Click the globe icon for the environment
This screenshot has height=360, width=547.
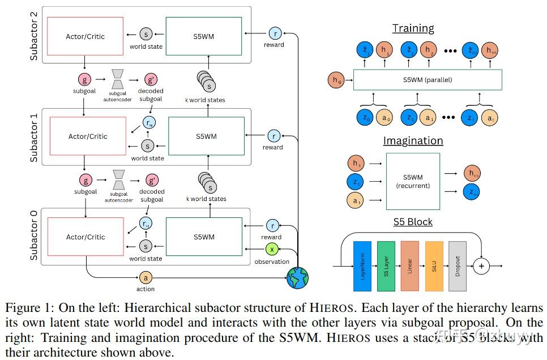coord(297,278)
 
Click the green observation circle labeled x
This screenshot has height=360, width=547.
coord(272,250)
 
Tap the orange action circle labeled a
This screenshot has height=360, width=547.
coord(146,278)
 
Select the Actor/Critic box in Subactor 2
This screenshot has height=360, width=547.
coord(86,36)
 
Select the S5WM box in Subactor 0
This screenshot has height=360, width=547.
coord(204,237)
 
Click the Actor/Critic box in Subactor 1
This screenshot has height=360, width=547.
coord(87,136)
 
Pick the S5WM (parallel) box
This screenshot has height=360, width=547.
coord(428,80)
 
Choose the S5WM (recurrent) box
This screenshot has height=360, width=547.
coord(413,181)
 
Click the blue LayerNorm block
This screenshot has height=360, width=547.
coord(362,265)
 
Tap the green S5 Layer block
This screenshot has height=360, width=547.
coord(386,265)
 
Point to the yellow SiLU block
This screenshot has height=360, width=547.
coord(434,265)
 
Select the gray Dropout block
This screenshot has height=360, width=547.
coord(458,265)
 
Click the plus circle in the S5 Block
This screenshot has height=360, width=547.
coord(481,265)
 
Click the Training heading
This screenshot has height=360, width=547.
coord(413,28)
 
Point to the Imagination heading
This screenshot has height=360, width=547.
coord(413,140)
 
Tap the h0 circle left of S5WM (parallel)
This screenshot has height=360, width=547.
coord(336,80)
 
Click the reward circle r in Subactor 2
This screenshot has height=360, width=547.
coord(275,33)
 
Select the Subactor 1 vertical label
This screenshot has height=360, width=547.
coord(34,137)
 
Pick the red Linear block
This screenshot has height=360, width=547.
coord(410,265)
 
